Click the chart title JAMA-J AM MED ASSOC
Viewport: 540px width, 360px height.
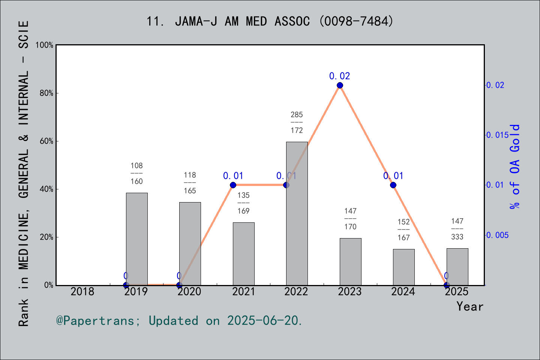pos(270,21)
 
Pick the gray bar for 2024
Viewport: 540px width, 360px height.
pos(403,267)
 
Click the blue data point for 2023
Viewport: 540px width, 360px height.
pos(340,85)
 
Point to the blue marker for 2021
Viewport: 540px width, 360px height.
pos(233,185)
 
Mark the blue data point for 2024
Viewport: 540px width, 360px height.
pos(393,185)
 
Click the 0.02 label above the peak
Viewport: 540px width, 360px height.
pos(339,76)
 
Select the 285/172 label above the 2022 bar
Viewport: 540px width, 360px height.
pos(297,122)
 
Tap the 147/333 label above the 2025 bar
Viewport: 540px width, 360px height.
pos(457,229)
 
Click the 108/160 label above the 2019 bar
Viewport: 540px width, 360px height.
pos(136,173)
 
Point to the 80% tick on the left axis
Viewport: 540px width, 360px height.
pos(46,93)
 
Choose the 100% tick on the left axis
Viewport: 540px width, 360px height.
pos(45,45)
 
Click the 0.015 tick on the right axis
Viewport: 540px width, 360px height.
pos(498,135)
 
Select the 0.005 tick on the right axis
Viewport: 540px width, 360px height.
pos(498,235)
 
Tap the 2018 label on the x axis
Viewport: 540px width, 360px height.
pos(82,291)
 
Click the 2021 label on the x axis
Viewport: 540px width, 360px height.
pos(243,291)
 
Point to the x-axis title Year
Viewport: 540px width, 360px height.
pos(469,306)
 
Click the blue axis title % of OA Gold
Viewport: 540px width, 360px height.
pos(514,167)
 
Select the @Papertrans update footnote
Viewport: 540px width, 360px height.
pos(179,321)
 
